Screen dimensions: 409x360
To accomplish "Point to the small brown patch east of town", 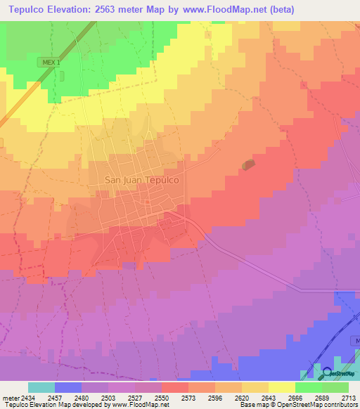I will click(x=248, y=164).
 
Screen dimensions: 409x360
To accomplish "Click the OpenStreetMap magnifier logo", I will click(x=328, y=372).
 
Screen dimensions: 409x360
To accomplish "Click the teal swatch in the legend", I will click(x=41, y=387).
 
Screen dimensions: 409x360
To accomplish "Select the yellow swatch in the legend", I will click(x=281, y=387).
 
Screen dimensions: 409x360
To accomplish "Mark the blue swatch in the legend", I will click(x=68, y=387).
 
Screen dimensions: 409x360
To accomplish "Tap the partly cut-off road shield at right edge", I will click(x=356, y=340).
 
